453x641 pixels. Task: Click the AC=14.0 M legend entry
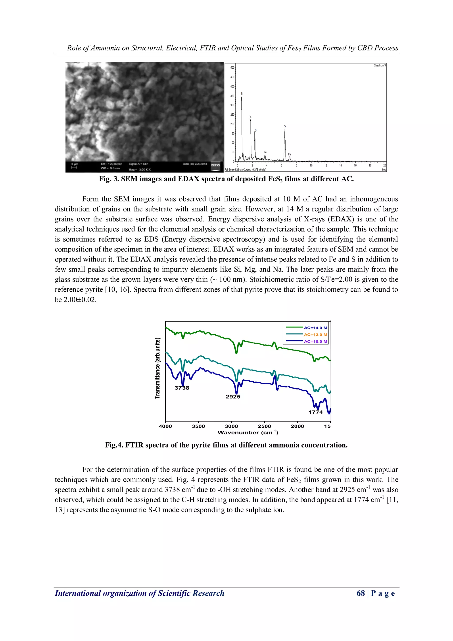click(x=315, y=328)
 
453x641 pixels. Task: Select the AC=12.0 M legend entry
click(x=315, y=335)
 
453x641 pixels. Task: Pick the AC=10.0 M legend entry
click(x=315, y=341)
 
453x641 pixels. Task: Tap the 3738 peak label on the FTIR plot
click(x=182, y=388)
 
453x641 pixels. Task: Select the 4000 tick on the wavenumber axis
click(x=165, y=426)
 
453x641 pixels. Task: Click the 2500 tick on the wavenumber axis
click(x=264, y=426)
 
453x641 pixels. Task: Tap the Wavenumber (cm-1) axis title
click(x=248, y=432)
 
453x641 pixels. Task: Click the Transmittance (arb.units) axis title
click(x=158, y=368)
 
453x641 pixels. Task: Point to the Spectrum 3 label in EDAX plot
click(x=380, y=65)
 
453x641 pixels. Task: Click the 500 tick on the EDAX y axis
click(x=232, y=68)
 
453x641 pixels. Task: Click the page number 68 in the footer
click(x=361, y=593)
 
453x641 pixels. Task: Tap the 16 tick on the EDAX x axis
click(x=355, y=166)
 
